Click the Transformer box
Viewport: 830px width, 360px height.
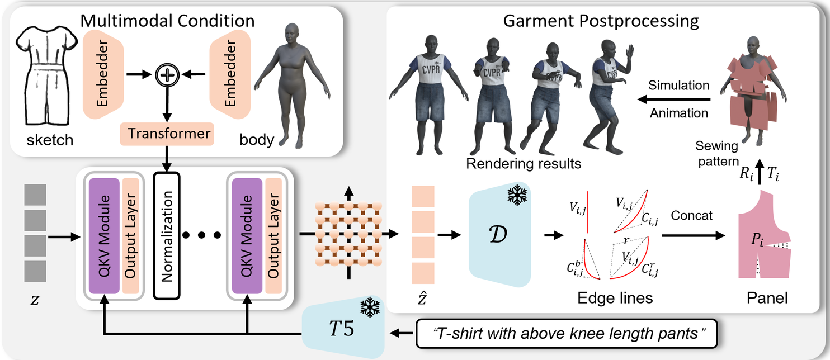(167, 134)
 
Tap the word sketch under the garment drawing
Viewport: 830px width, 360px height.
(50, 139)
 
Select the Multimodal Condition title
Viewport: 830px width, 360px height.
(168, 21)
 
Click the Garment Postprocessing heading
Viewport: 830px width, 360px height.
(601, 21)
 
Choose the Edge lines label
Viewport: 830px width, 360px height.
(615, 298)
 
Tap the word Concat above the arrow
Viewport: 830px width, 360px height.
(692, 215)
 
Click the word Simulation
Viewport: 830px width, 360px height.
(678, 86)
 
